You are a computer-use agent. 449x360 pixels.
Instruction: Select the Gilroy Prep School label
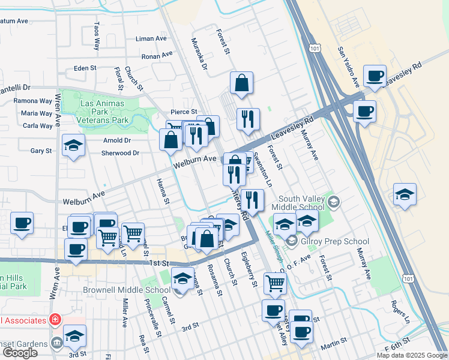pyautogui.click(x=336, y=242)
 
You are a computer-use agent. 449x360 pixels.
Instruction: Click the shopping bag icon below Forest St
pyautogui.click(x=241, y=85)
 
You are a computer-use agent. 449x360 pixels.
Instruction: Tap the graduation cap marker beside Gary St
pyautogui.click(x=74, y=146)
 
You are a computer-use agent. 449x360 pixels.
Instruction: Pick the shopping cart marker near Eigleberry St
pyautogui.click(x=275, y=283)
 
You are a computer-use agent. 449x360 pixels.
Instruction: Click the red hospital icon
pyautogui.click(x=55, y=318)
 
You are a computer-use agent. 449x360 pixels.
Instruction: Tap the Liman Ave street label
pyautogui.click(x=151, y=38)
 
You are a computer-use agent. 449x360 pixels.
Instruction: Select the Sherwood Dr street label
pyautogui.click(x=120, y=153)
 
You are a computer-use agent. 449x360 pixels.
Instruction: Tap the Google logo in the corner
pyautogui.click(x=20, y=352)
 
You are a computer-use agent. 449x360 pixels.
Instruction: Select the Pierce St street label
pyautogui.click(x=184, y=112)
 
